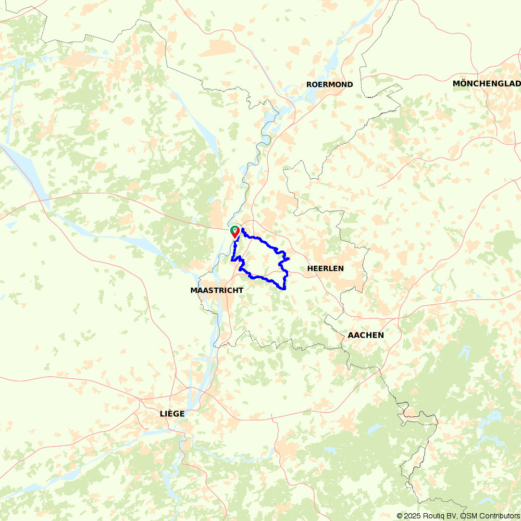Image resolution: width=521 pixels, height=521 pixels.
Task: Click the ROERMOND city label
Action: click(329, 84)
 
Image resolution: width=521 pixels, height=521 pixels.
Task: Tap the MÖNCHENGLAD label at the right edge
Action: click(487, 84)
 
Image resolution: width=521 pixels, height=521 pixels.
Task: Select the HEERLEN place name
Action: click(326, 268)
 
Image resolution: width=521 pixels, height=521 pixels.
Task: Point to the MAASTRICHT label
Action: click(217, 290)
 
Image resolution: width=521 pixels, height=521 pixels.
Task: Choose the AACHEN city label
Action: click(366, 335)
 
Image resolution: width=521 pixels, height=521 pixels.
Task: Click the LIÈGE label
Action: click(172, 413)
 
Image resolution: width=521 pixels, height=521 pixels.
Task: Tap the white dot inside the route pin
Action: click(235, 229)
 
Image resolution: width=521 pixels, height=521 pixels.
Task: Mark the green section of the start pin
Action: click(232, 229)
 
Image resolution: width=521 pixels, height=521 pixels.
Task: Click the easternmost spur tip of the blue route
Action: click(289, 258)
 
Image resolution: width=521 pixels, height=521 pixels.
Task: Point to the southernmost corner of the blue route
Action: click(284, 289)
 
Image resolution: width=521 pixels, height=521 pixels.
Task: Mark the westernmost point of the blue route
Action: click(232, 258)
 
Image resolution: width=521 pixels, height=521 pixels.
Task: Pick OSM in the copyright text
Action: click(468, 516)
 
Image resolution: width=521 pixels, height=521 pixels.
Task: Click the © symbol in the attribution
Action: click(400, 516)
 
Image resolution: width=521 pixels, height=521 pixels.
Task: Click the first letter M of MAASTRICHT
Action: click(194, 290)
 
